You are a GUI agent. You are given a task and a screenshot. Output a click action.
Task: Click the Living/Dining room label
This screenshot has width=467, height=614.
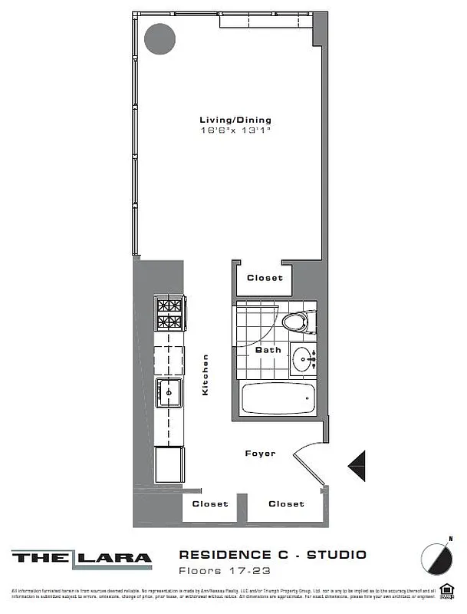click(235, 120)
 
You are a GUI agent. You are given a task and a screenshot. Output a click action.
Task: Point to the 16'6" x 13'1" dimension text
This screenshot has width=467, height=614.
click(235, 130)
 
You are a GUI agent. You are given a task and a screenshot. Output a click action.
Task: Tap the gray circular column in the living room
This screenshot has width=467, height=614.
click(160, 38)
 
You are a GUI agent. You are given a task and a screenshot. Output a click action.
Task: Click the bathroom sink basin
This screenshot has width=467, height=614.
click(307, 358)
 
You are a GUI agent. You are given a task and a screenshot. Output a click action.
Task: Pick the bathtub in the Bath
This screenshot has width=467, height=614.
click(278, 398)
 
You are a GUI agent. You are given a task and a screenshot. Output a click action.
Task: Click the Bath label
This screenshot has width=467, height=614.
click(268, 350)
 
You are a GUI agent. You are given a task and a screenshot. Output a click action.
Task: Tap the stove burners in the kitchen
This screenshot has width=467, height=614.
click(169, 313)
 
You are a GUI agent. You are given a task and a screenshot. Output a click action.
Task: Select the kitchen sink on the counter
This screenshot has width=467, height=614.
click(169, 393)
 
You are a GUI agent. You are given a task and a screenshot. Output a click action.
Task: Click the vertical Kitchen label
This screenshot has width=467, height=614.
click(206, 375)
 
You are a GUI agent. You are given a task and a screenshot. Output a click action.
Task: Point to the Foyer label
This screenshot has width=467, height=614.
click(260, 454)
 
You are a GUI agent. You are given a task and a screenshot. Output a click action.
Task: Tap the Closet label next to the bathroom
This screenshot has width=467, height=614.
click(265, 278)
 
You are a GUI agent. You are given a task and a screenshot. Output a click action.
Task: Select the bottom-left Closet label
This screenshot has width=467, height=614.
click(210, 504)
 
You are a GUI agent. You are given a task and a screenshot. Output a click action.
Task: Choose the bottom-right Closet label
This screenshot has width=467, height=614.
click(286, 504)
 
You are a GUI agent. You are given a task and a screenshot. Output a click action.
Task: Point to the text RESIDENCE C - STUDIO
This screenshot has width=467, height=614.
click(272, 554)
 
